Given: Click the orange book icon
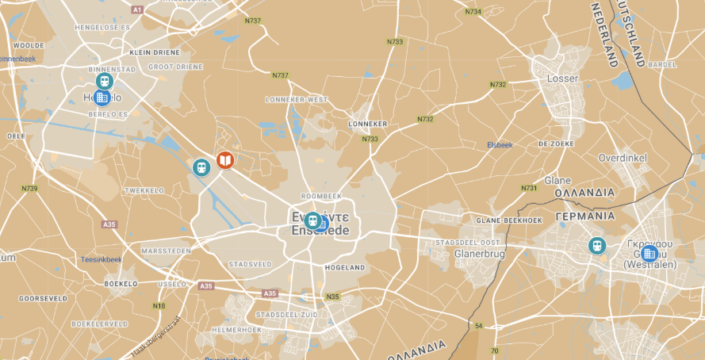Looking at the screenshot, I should [225, 160].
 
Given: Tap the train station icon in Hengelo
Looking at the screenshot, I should [104, 82].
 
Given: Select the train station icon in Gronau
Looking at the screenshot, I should [596, 247].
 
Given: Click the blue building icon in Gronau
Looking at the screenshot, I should [649, 254].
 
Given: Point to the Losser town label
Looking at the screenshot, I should [563, 79].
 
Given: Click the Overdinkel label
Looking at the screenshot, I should [623, 158].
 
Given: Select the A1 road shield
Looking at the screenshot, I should [137, 10].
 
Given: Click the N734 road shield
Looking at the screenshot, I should [473, 12].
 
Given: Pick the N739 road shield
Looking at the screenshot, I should [30, 188].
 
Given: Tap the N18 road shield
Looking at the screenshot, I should [159, 306].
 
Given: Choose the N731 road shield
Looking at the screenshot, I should [529, 188].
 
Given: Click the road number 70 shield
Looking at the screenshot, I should [494, 350].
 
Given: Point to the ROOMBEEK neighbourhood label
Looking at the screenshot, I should [321, 196].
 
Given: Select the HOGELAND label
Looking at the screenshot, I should [345, 268].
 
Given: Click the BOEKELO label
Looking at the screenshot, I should [121, 284].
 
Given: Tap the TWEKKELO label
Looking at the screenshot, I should [144, 191].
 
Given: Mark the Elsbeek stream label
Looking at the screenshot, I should [500, 145].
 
